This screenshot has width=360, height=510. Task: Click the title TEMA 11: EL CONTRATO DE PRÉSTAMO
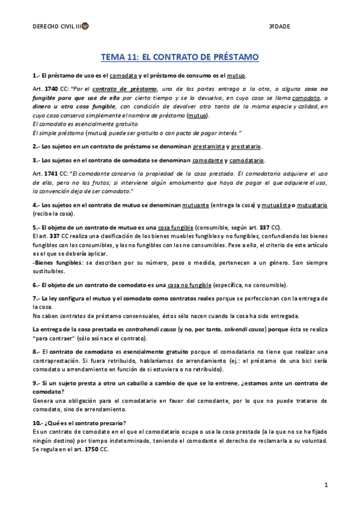pyautogui.click(x=180, y=57)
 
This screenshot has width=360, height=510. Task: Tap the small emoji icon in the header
pyautogui.click(x=85, y=26)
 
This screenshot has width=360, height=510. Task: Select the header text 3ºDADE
pyautogui.click(x=279, y=26)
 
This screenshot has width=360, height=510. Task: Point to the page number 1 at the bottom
pyautogui.click(x=325, y=485)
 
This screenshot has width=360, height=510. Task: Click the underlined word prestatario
pyautogui.click(x=246, y=146)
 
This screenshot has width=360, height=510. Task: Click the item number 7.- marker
pyautogui.click(x=37, y=299)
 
